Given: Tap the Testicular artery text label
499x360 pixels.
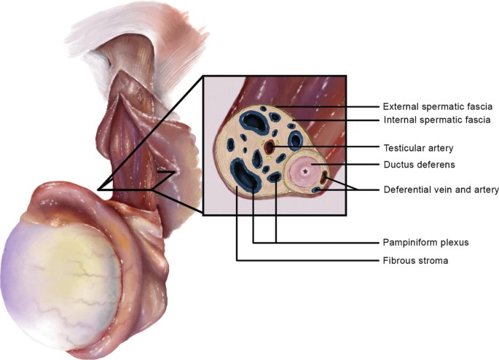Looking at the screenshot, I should (x=417, y=148).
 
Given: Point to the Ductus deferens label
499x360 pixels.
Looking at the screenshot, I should (x=414, y=165).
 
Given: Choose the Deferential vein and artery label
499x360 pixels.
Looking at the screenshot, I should (x=441, y=190).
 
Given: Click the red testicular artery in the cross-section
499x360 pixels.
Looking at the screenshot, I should (x=269, y=148).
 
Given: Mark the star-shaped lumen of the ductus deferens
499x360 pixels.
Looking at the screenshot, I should (x=304, y=172).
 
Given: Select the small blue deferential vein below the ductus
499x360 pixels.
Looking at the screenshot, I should (x=315, y=190).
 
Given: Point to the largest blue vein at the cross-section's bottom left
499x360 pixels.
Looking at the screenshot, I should (x=243, y=176).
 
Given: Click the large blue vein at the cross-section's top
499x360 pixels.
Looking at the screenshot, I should (x=254, y=120).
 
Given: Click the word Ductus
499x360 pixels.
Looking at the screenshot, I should (x=398, y=165).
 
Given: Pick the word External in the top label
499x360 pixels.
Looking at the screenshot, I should (x=400, y=106).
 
